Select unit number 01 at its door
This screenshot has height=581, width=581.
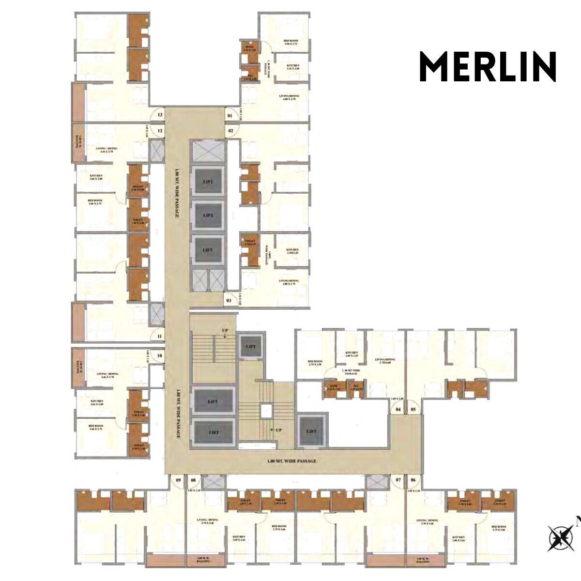(x=230, y=116)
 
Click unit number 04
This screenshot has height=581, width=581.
(x=398, y=410)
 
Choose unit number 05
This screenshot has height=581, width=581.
(x=413, y=410)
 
